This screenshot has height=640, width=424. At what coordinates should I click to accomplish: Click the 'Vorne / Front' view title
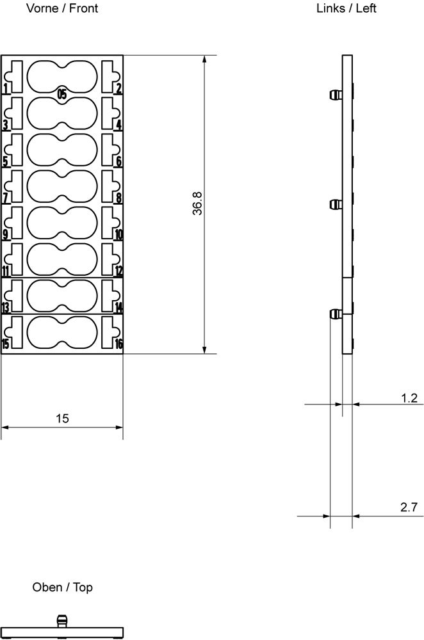click(62, 8)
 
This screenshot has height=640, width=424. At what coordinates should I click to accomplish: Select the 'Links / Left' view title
click(346, 8)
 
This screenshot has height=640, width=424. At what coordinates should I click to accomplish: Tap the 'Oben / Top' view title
click(63, 588)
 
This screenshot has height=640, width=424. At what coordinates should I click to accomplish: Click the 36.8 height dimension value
click(197, 204)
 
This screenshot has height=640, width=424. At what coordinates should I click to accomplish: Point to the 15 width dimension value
click(62, 419)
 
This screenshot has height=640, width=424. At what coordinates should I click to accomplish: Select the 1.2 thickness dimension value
click(409, 398)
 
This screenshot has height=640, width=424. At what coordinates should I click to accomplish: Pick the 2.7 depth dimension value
click(409, 508)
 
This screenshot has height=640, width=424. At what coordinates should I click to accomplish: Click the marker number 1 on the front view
click(6, 88)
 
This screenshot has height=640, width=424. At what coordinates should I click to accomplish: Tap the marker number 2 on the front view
click(118, 88)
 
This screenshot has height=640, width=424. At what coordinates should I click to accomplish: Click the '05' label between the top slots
click(61, 95)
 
